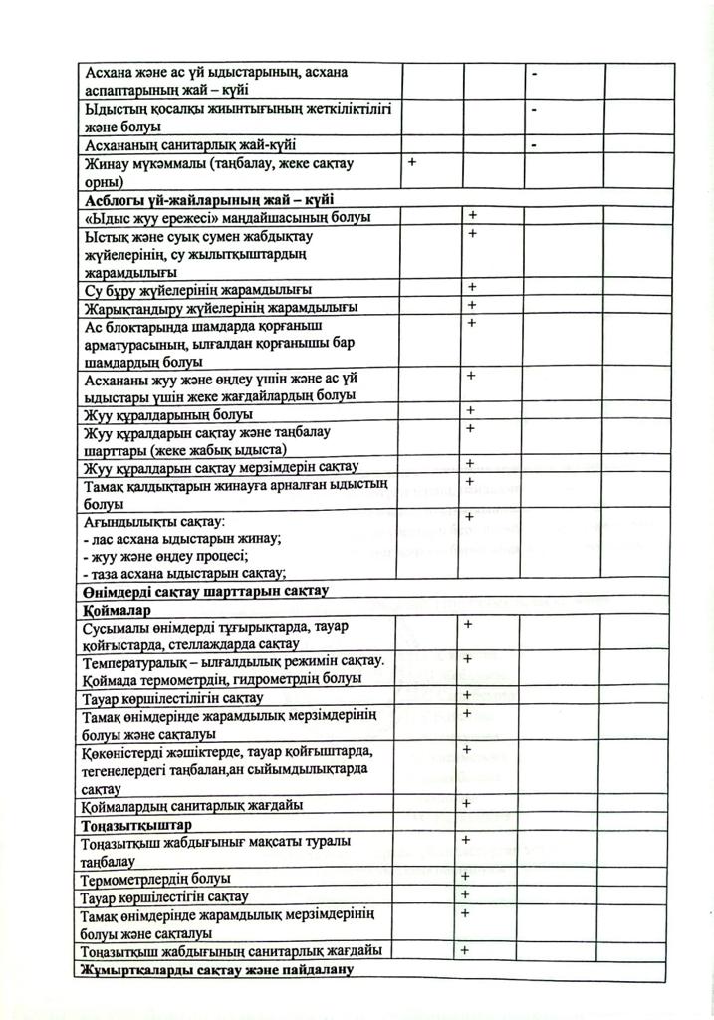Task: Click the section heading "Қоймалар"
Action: pos(118,609)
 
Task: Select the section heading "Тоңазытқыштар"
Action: pos(136,825)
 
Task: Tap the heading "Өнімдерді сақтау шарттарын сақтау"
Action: pos(206,591)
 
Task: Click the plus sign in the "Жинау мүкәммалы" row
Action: pos(410,161)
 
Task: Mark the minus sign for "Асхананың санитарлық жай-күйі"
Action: pos(535,145)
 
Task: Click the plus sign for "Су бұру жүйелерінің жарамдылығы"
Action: pos(471,287)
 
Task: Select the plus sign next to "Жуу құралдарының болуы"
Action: pos(471,410)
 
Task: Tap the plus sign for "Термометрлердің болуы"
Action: pos(465,876)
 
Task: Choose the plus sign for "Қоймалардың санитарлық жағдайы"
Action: pos(466,802)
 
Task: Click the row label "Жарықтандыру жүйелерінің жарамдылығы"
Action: pos(221,307)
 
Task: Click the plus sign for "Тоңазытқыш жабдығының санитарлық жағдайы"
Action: pos(465,949)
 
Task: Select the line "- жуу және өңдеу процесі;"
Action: pos(165,555)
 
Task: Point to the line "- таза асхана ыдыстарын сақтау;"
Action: pos(185,572)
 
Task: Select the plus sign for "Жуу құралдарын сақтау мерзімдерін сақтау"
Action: pos(470,463)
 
